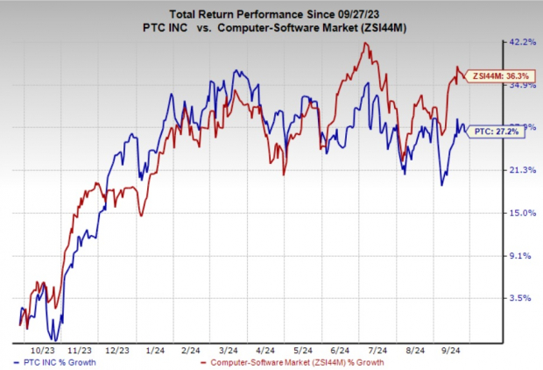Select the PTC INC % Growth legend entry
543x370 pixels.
(53, 360)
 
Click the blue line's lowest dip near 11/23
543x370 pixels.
(55, 339)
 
